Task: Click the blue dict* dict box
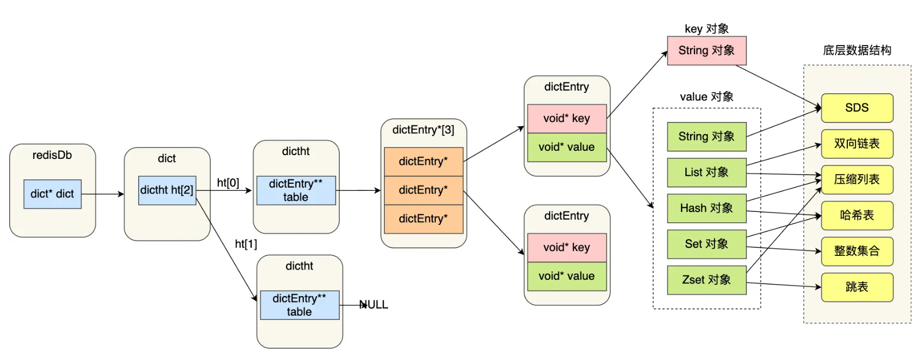click(52, 194)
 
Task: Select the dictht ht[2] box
click(167, 190)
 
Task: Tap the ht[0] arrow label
click(228, 183)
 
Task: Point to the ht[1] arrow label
click(246, 244)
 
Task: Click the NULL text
click(373, 305)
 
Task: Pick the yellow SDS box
click(857, 108)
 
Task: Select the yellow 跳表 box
click(857, 287)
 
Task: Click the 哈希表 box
click(857, 215)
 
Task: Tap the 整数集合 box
click(857, 251)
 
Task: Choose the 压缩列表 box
click(857, 179)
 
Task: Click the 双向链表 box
click(857, 144)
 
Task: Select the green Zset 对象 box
click(707, 280)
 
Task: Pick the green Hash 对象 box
click(707, 208)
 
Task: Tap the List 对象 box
click(707, 172)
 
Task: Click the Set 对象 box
click(707, 244)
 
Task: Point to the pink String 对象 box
click(707, 50)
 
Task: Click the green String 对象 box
click(707, 137)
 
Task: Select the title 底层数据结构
click(857, 50)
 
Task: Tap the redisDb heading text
click(52, 155)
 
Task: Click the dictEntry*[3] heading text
click(423, 130)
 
